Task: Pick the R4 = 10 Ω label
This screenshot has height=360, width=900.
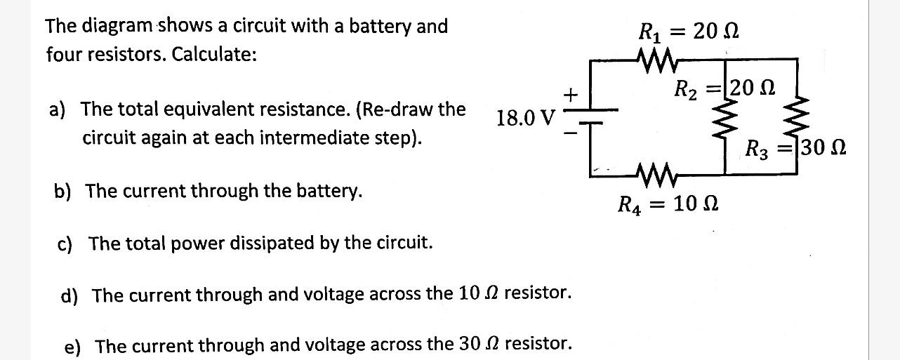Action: pos(667,205)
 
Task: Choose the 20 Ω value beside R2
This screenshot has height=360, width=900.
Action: pos(750,88)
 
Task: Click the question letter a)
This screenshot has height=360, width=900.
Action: pos(57,110)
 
